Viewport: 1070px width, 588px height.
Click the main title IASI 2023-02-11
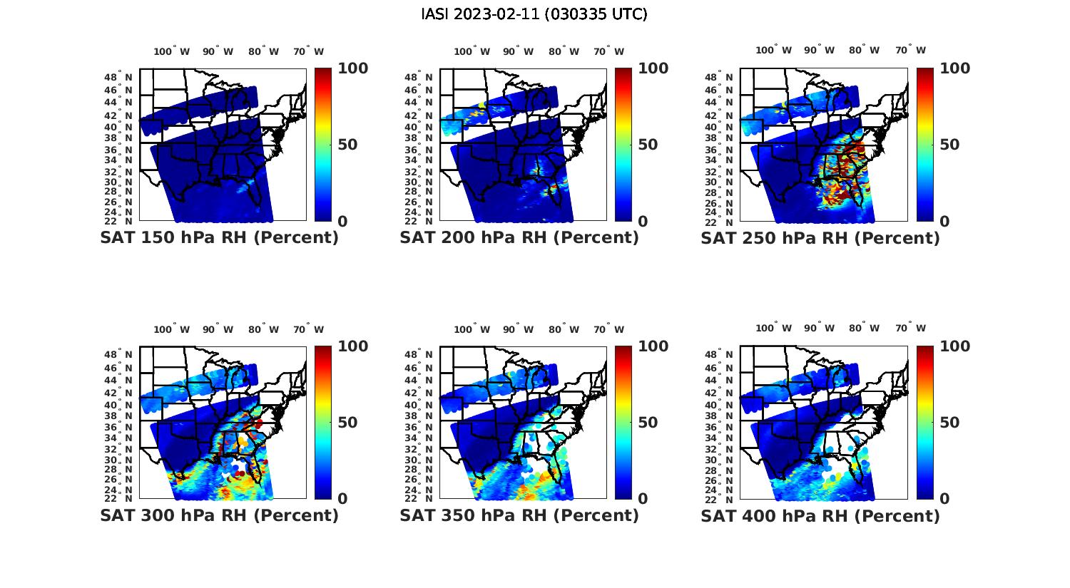(x=534, y=14)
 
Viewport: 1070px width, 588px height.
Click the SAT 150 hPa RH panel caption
(x=219, y=238)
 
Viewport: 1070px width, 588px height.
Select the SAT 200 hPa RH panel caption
(x=519, y=238)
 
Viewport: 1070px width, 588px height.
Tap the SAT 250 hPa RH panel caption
(x=820, y=238)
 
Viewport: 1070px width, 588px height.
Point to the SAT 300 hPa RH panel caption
(x=219, y=515)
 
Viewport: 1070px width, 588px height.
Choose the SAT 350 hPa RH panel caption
(x=519, y=515)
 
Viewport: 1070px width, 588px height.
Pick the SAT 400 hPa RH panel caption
(x=820, y=515)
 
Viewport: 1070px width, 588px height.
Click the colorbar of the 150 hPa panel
(x=323, y=145)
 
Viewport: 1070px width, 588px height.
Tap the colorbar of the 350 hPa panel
(x=623, y=422)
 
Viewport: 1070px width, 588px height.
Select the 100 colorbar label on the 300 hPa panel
(x=352, y=346)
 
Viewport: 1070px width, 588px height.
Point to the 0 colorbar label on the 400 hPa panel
(x=944, y=499)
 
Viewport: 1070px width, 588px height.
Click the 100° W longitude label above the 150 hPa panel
(x=172, y=51)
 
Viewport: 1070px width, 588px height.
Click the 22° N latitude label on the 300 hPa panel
(x=124, y=498)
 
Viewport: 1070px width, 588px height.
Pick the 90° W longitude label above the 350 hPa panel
(x=518, y=329)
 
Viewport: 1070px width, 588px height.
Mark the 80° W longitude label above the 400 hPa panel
(x=864, y=328)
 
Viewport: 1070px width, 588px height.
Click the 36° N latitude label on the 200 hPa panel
(x=424, y=150)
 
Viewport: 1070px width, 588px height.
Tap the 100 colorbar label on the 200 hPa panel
(x=653, y=68)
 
